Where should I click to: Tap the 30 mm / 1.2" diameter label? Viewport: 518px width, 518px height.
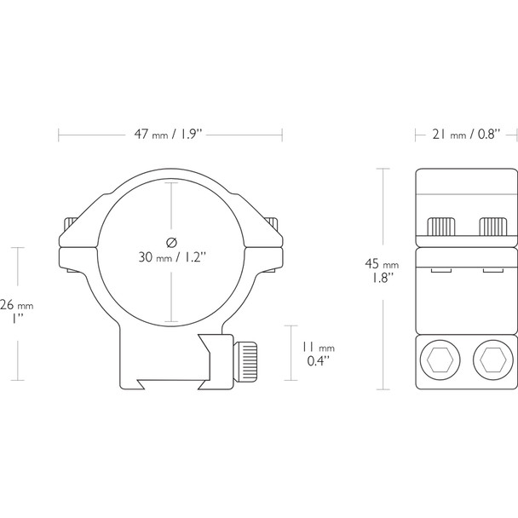coord(171,256)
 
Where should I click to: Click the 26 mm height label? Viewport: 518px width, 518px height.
coord(17,304)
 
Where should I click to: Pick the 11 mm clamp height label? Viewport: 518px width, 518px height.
coord(319,348)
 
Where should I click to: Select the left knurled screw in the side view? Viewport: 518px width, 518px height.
coord(441,227)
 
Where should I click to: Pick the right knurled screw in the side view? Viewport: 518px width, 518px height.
coord(492,227)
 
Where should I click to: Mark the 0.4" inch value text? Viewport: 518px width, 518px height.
coord(319,361)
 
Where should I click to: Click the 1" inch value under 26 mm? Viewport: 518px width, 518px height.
coord(17,318)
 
